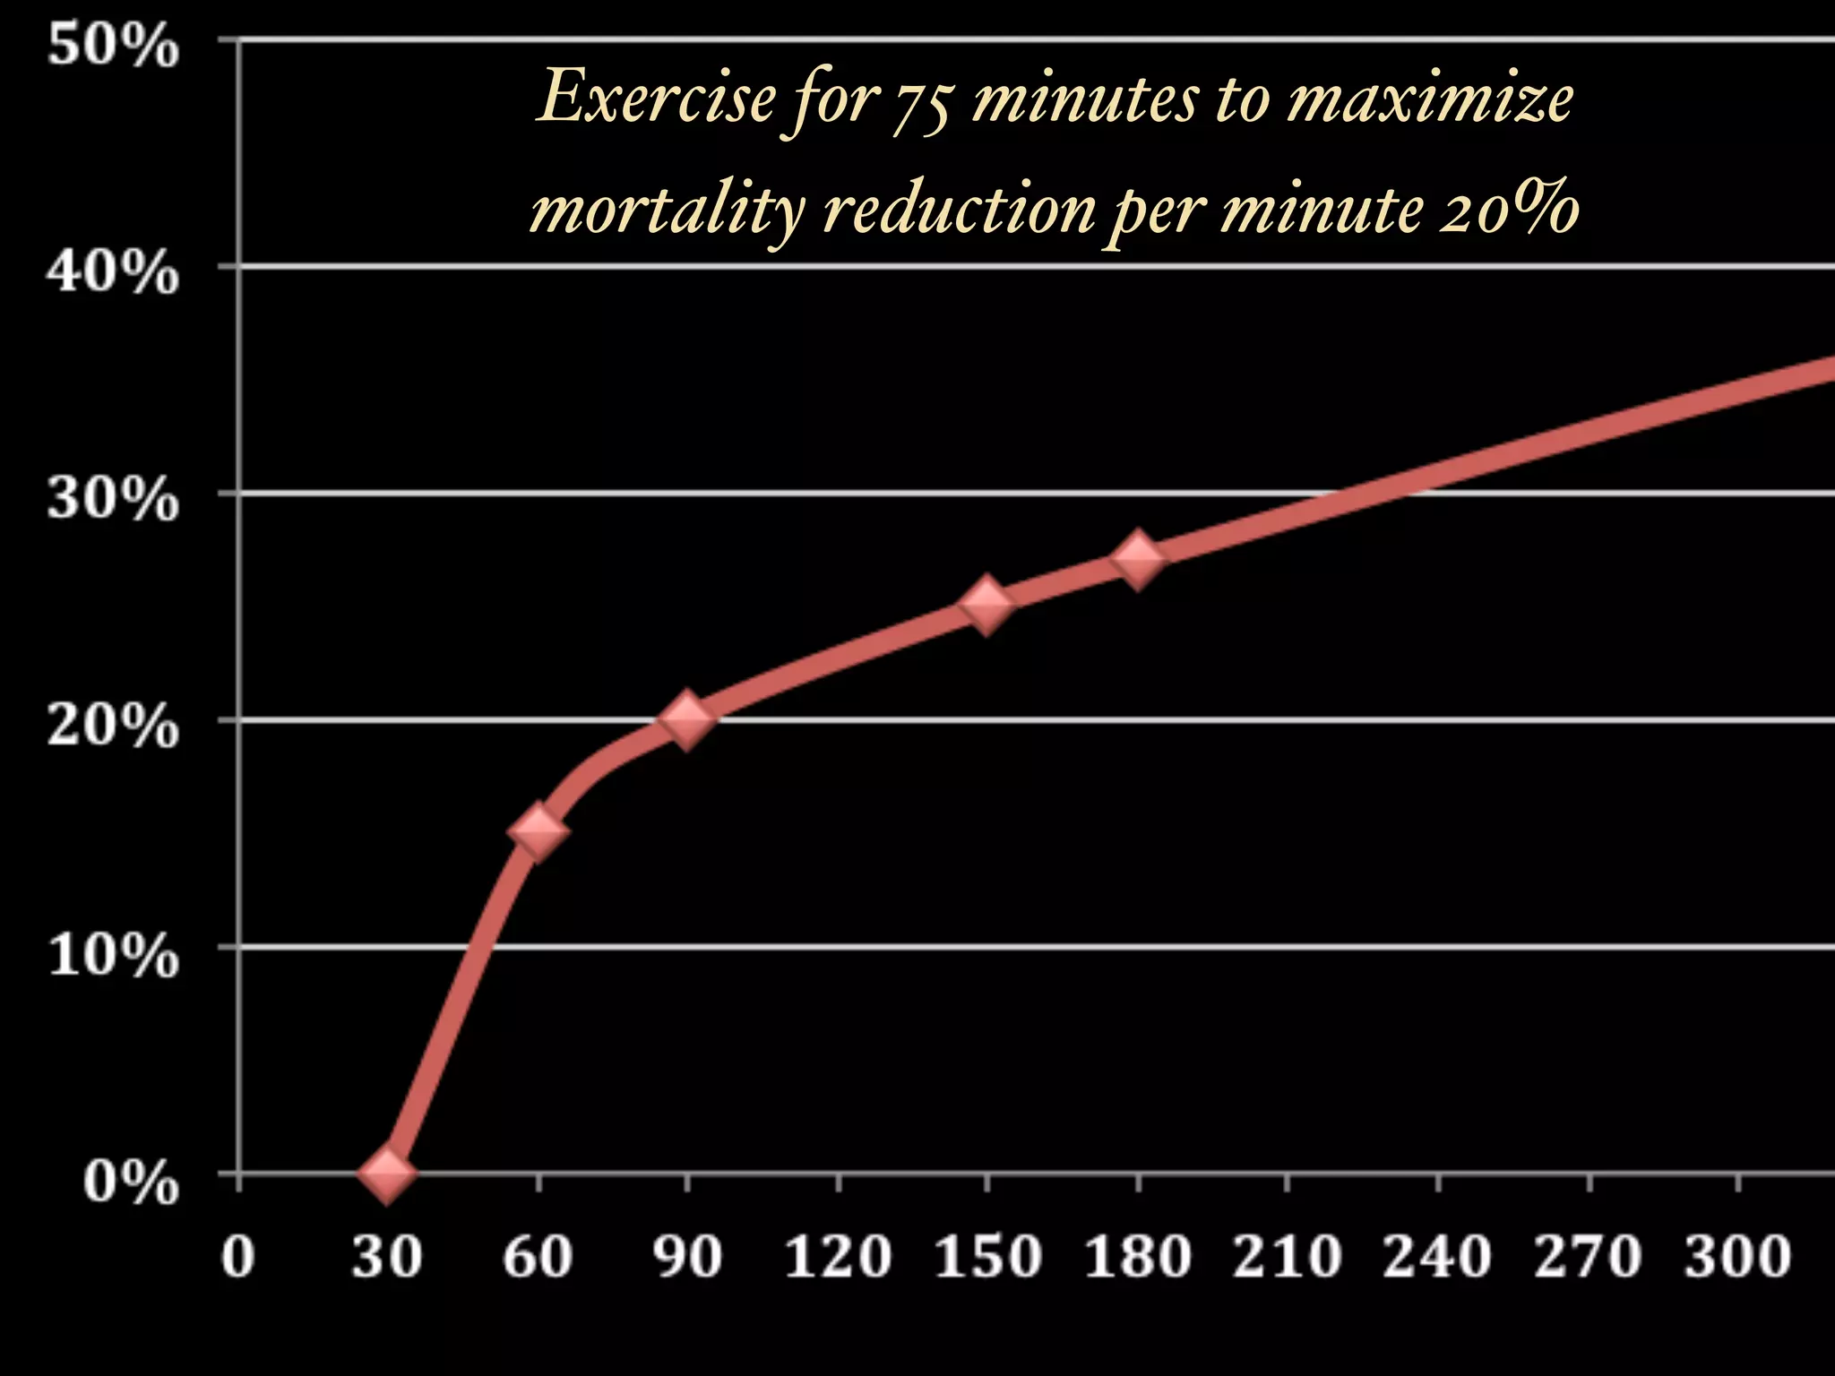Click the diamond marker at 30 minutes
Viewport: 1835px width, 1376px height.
point(386,1174)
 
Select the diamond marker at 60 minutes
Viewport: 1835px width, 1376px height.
point(538,831)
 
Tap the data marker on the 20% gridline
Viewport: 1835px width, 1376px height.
point(687,718)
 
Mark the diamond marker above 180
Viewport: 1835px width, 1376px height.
point(1138,558)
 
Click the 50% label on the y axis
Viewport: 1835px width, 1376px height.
point(113,46)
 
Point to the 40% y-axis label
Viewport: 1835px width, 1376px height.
point(113,272)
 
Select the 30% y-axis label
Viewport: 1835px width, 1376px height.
point(113,499)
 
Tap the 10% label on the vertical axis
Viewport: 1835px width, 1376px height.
point(113,955)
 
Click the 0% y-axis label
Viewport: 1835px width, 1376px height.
point(131,1182)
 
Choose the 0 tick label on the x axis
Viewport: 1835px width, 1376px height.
point(238,1256)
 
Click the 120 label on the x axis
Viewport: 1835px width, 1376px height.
point(838,1256)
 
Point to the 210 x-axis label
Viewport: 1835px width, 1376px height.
point(1288,1256)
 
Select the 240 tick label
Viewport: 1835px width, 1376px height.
point(1437,1256)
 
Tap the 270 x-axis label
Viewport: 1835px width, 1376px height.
point(1588,1256)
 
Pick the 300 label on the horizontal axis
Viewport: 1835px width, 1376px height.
point(1737,1256)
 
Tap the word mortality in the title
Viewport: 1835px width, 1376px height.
point(668,211)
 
